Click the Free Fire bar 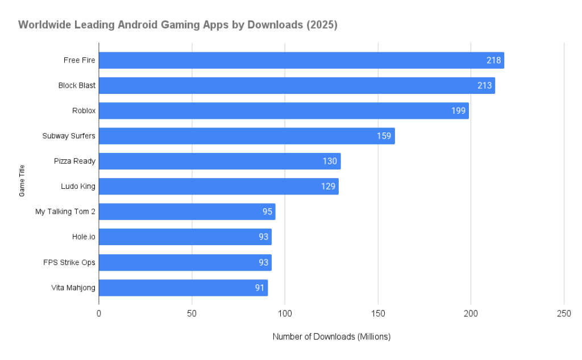click(301, 60)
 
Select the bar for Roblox click(284, 111)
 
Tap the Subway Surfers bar click(247, 136)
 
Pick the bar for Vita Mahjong click(183, 288)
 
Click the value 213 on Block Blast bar click(485, 86)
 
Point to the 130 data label click(330, 162)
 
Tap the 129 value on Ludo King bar click(328, 187)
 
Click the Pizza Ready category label click(76, 161)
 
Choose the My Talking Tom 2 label click(65, 212)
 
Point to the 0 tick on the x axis click(99, 314)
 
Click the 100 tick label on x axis click(285, 314)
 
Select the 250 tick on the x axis click(563, 314)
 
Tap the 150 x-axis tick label click(377, 314)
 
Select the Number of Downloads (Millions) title click(331, 337)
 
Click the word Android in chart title click(134, 25)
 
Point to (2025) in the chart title click(321, 25)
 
